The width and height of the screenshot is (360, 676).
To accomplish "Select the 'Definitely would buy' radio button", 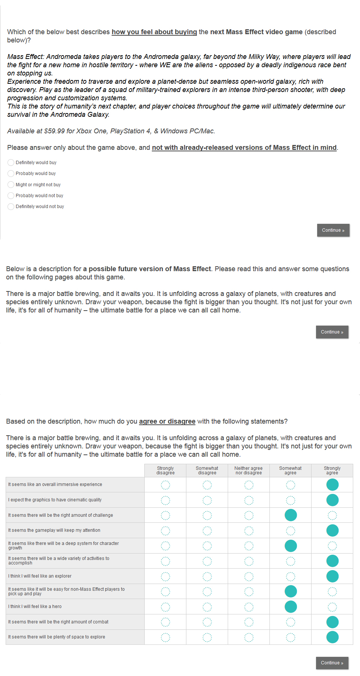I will point(11,163).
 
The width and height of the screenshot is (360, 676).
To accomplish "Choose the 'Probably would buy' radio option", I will point(11,174).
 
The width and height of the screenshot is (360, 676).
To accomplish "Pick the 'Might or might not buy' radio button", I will point(11,185).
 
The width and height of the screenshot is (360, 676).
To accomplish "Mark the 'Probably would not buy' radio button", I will point(11,196).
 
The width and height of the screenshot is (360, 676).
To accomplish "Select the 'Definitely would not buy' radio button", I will point(11,207).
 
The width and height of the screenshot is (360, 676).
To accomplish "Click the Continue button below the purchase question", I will point(333,230).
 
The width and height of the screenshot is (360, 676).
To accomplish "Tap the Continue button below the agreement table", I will point(332,663).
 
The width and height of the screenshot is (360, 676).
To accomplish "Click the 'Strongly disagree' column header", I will point(165,471).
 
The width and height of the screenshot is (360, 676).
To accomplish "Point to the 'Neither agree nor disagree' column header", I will point(248,471).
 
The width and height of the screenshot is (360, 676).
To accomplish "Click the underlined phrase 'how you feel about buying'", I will point(154,32).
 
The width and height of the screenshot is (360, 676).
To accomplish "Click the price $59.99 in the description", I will point(54,131).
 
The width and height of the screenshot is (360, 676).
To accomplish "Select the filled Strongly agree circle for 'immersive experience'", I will point(332,485).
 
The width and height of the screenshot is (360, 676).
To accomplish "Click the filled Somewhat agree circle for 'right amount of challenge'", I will point(290,515).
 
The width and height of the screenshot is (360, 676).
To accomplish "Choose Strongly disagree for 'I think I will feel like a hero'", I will point(165,607).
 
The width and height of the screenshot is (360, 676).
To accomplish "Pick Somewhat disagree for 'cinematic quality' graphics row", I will point(207,500).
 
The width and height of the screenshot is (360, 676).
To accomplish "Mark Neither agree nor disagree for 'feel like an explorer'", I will point(249,576).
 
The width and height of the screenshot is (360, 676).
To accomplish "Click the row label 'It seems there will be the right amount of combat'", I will point(58,622).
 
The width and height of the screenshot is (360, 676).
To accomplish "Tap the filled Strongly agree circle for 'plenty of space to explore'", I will point(332,637).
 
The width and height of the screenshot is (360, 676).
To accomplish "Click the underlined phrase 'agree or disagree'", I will point(167,421).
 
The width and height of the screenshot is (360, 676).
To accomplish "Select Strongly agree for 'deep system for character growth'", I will point(332,546).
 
